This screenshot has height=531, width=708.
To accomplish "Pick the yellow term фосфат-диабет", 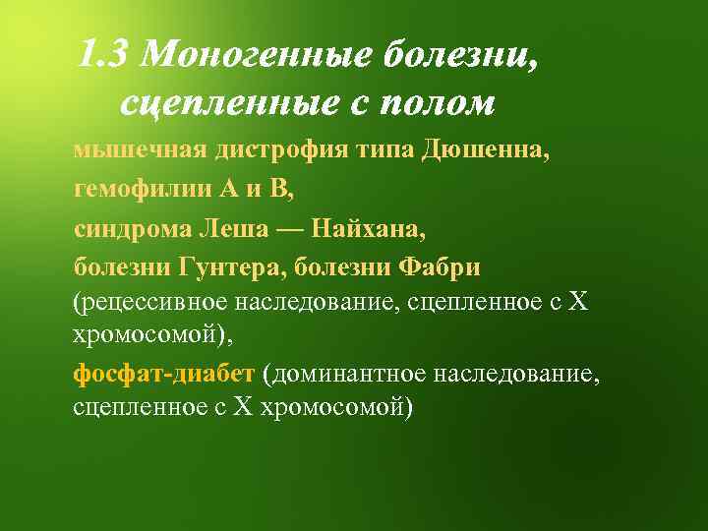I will click(164, 374).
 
